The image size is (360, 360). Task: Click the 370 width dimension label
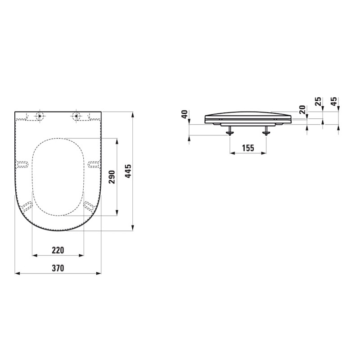point(58,268)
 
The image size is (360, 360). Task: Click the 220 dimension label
point(58,250)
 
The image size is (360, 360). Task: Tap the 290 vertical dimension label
point(112,177)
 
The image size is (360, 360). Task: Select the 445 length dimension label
point(128,171)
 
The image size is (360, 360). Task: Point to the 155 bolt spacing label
point(248,148)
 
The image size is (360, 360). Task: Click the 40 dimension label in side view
point(185,114)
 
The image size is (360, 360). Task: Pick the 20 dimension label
point(302,109)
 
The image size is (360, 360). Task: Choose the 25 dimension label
point(318,101)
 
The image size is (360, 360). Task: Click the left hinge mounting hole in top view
point(40,116)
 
